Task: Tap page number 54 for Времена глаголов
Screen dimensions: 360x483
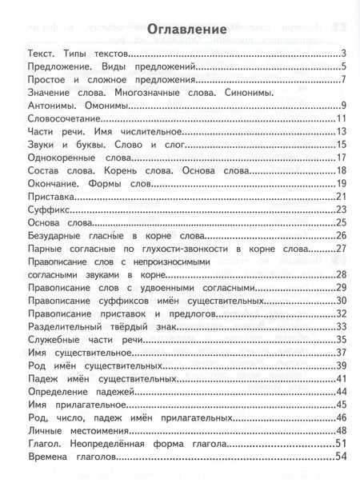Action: coord(338,456)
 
